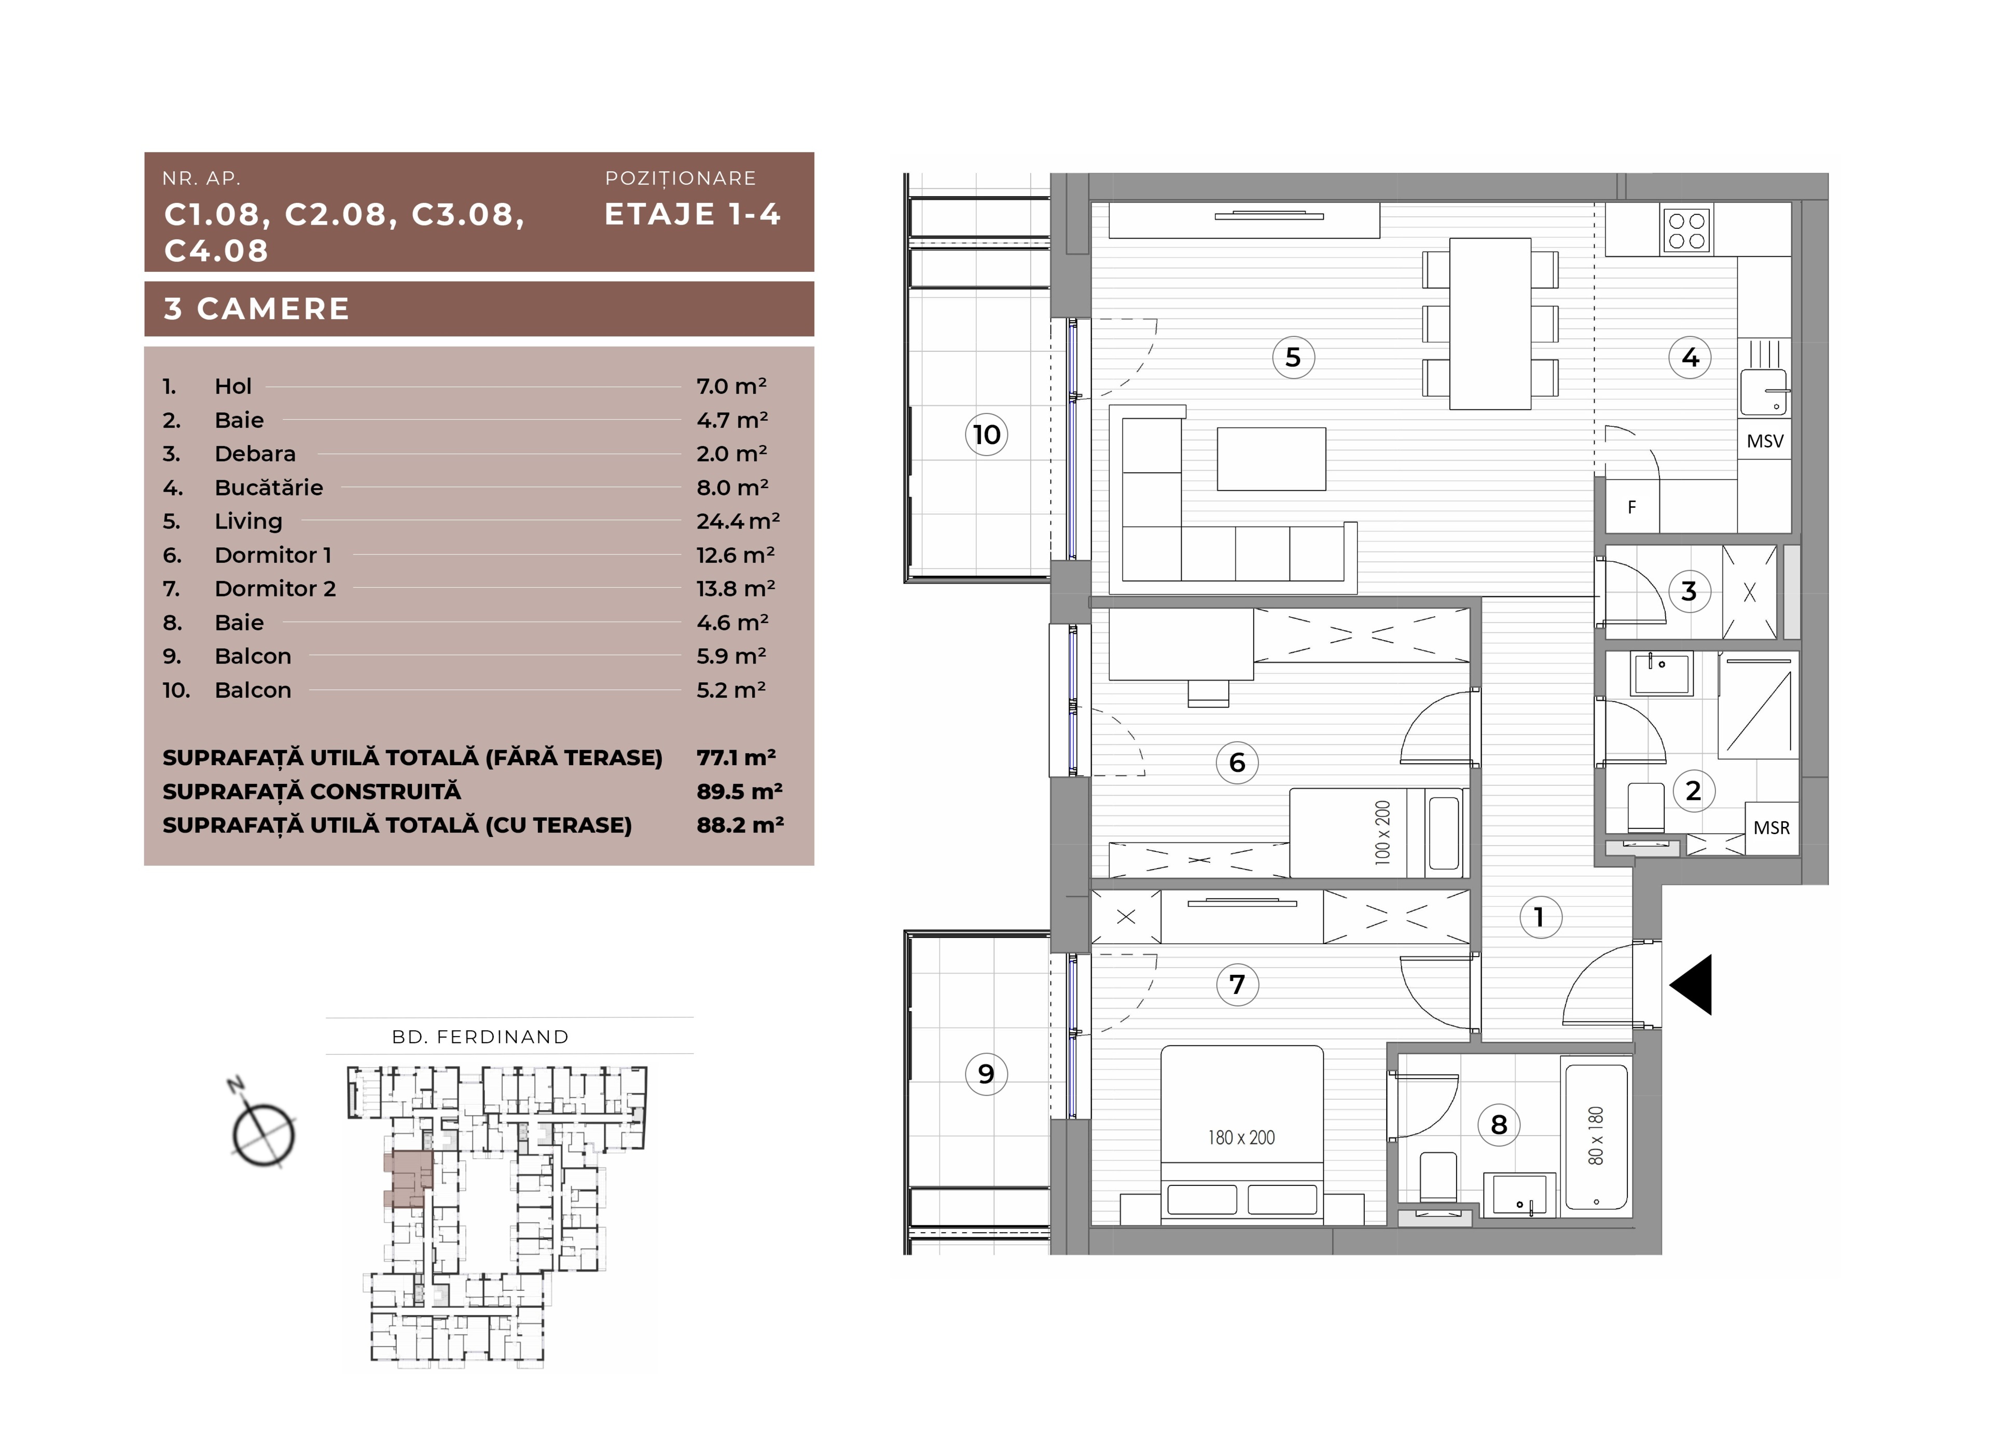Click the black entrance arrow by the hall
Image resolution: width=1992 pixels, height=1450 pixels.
1690,985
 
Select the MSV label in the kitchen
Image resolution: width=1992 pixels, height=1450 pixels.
1764,441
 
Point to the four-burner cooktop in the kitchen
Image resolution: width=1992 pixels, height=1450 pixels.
1686,231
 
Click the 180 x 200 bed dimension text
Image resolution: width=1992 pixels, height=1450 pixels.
1241,1137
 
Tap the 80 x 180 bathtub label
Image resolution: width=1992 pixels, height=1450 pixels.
1595,1136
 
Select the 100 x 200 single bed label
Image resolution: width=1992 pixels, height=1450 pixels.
1382,833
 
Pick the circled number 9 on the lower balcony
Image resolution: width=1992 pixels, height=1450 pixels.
986,1073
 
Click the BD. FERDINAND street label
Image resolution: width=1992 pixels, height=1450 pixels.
480,1037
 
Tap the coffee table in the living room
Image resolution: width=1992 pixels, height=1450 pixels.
1271,459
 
